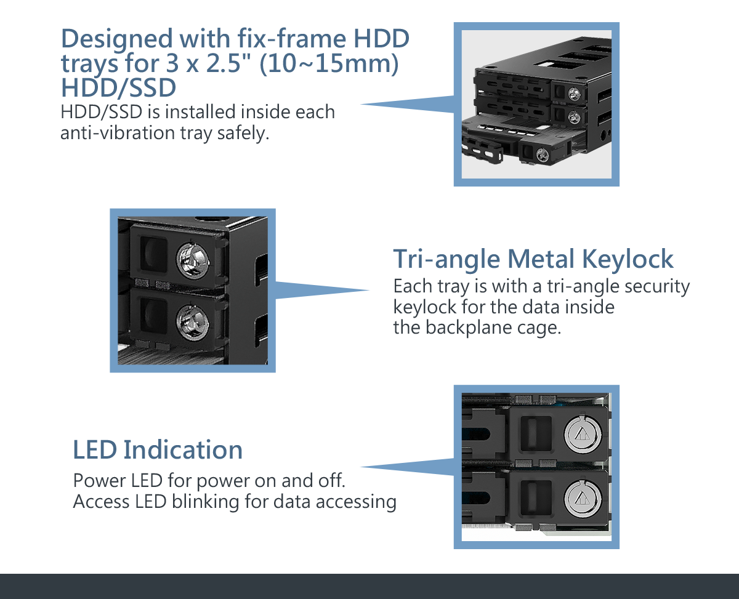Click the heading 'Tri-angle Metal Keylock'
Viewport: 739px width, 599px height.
533,259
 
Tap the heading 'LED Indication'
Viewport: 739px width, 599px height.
158,450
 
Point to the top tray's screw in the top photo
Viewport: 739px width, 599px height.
574,94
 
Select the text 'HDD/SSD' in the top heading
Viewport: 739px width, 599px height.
118,87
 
